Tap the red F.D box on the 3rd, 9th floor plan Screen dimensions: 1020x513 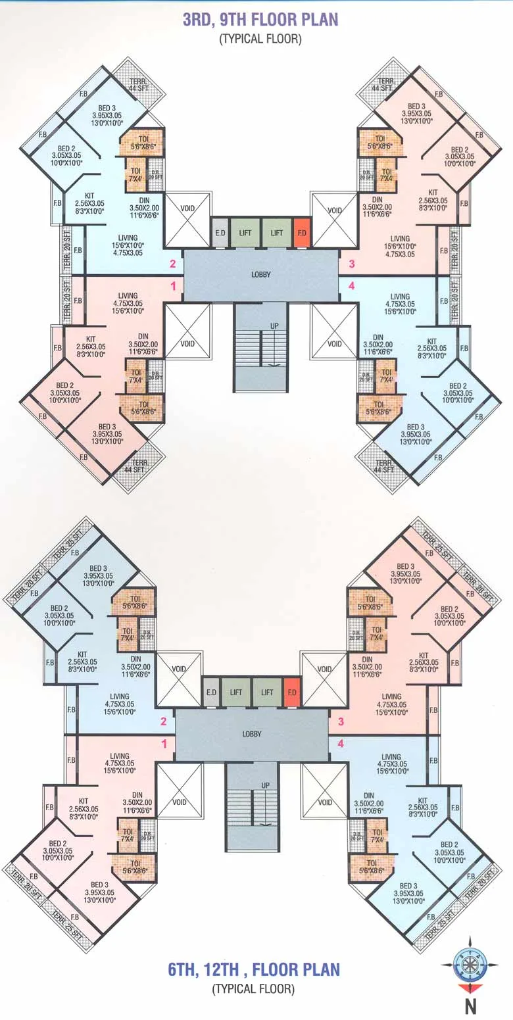tap(302, 232)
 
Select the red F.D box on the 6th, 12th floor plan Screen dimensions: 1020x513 tap(293, 692)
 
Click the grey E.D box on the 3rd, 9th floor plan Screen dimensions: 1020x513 tap(220, 232)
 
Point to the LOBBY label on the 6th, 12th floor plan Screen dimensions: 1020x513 tap(252, 733)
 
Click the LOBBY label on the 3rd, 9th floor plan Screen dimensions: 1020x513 tap(261, 274)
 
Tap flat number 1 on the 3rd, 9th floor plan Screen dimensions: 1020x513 tap(174, 286)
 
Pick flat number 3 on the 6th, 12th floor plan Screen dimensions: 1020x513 tap(341, 722)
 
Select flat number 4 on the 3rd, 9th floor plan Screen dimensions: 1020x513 tap(351, 286)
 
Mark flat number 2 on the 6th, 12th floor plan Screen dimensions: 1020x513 tap(164, 722)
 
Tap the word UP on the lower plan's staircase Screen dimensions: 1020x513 tap(266, 785)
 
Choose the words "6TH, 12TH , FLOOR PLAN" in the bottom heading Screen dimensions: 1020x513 tap(254, 969)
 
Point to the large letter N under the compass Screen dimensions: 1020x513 tap(470, 1006)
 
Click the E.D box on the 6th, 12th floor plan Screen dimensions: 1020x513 tap(211, 692)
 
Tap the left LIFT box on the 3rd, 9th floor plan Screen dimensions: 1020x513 tap(244, 232)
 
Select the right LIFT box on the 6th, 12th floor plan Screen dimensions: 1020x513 tap(267, 692)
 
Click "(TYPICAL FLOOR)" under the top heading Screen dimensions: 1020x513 tap(260, 39)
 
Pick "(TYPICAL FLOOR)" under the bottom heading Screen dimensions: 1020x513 tap(253, 988)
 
